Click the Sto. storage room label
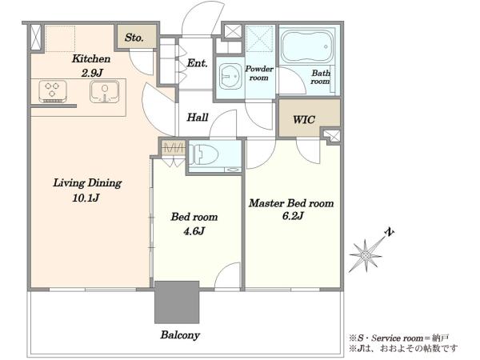coord(134,38)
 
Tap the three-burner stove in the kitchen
coord(53,91)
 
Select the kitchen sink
coord(105,91)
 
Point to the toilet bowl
coord(204,155)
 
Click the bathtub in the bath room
coord(307,46)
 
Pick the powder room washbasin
coord(230,77)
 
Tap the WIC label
coord(304,119)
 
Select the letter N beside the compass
coord(389,232)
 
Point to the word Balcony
coord(180,335)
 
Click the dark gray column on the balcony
coord(177,302)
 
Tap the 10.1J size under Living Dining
coord(86,198)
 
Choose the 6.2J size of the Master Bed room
coord(293,216)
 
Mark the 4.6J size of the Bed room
coord(194,231)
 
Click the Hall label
coord(198,118)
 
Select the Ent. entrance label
coord(198,63)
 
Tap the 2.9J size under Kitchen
coord(92,73)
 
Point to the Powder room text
coord(259,73)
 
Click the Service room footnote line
coord(399,338)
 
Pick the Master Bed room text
coord(291,203)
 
